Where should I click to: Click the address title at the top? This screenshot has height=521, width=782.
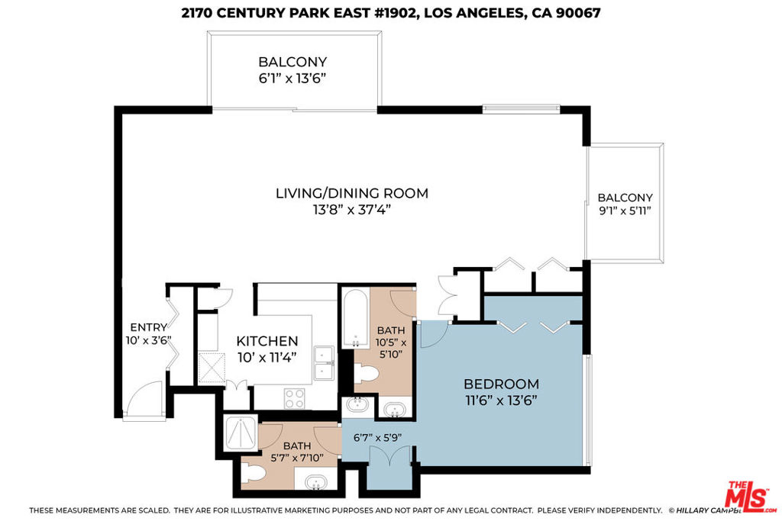click(x=391, y=13)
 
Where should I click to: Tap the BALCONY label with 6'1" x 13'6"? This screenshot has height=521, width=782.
click(x=292, y=62)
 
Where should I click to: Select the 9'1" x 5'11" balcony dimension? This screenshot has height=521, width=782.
click(x=625, y=211)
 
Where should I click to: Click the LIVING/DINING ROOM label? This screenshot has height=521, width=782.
click(x=351, y=193)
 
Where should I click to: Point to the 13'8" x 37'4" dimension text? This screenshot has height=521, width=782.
click(x=351, y=210)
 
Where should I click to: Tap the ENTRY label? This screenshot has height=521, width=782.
click(x=149, y=327)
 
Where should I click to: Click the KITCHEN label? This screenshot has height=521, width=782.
click(x=267, y=341)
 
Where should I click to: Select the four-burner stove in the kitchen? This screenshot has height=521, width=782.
click(x=294, y=398)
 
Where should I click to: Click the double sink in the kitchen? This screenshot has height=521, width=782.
click(x=324, y=363)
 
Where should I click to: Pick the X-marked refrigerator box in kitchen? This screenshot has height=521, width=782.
click(x=212, y=368)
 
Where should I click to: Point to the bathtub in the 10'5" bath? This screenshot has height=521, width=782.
click(x=356, y=318)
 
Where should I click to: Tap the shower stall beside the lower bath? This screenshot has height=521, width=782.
click(x=241, y=433)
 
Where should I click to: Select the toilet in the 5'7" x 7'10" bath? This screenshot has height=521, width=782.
click(x=254, y=473)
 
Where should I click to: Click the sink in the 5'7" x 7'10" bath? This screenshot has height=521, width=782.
click(x=315, y=482)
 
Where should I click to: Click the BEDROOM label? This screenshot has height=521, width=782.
click(x=501, y=384)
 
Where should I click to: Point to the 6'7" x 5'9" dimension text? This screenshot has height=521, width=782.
click(x=377, y=438)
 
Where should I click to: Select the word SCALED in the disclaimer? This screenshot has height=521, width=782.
click(x=153, y=510)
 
